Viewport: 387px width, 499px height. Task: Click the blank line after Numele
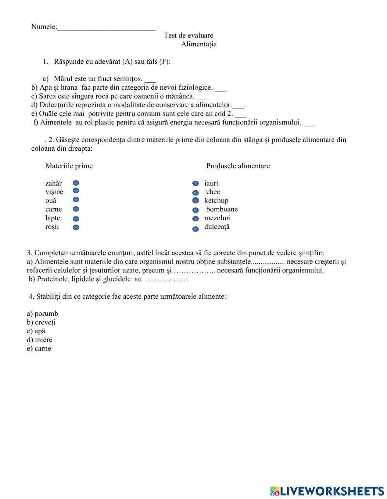tap(106, 28)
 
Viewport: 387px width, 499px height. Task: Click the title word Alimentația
tap(199, 44)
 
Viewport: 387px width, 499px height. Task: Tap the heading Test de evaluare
tap(188, 36)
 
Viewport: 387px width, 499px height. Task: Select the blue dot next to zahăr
tap(76, 183)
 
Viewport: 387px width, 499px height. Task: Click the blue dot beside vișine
tap(76, 191)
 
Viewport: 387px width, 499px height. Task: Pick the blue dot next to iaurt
tap(196, 183)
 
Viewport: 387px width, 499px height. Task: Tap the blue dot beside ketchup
tap(196, 200)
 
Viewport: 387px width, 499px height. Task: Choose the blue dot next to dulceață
tap(196, 229)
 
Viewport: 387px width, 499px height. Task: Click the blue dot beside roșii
tap(76, 227)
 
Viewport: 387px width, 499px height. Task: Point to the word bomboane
tap(222, 209)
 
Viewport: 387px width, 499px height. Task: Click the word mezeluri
tap(217, 218)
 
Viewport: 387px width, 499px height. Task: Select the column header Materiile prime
tap(69, 166)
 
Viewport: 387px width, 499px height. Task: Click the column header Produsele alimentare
tap(238, 166)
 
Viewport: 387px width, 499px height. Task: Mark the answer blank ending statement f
tap(309, 124)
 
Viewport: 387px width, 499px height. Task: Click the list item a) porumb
tap(43, 313)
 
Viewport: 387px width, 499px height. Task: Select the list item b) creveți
tap(41, 322)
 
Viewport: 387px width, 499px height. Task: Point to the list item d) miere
tap(39, 340)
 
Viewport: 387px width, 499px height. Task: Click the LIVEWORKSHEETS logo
tap(327, 491)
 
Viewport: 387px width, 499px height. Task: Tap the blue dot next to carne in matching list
tap(76, 209)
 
